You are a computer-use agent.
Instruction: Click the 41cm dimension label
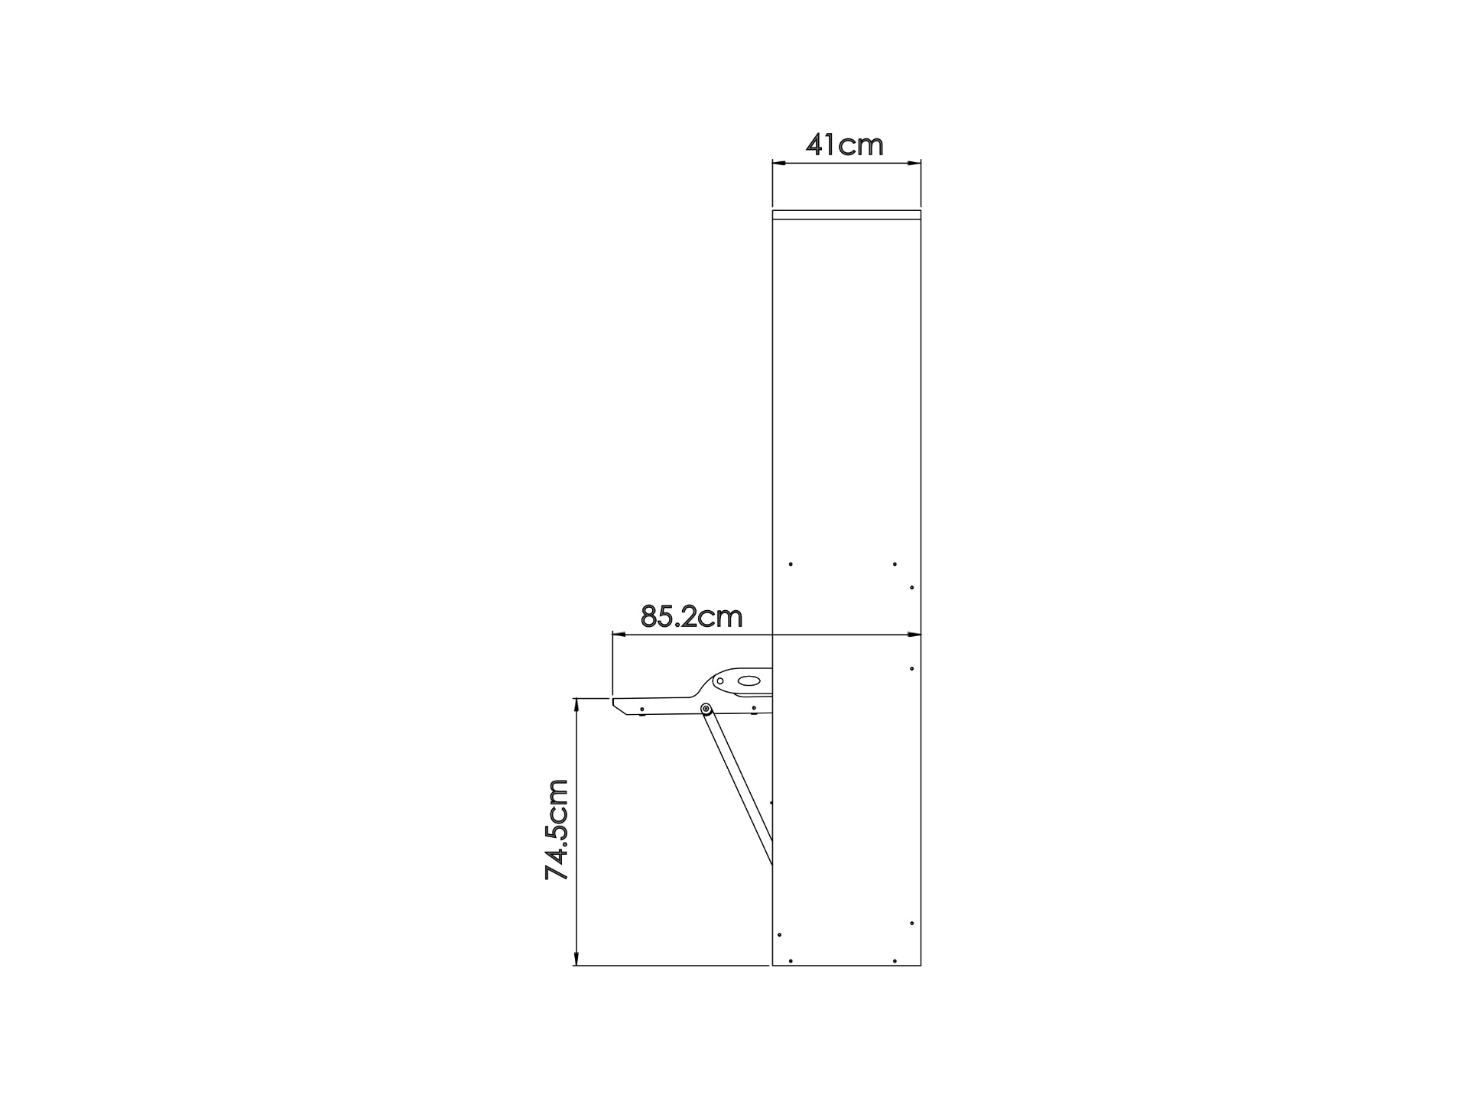point(845,145)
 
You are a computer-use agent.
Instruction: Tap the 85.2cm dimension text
point(691,616)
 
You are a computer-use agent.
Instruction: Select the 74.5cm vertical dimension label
point(557,830)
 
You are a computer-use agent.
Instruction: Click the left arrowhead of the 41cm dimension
point(780,163)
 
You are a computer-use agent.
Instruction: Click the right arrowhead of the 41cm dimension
point(913,163)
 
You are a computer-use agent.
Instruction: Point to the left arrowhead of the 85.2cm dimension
point(620,635)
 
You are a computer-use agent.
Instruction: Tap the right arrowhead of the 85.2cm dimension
point(913,635)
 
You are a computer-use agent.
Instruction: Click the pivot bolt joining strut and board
point(706,709)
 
